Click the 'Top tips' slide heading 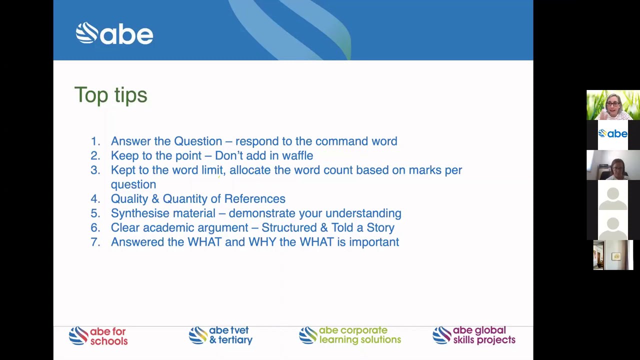[110, 95]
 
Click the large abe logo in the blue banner [114, 33]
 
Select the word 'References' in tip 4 [254, 198]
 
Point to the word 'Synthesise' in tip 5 [140, 213]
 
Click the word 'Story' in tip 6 [380, 227]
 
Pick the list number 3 [95, 170]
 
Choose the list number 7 [95, 242]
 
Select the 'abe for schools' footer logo [98, 336]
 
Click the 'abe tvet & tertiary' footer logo [220, 335]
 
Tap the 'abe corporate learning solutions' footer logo [350, 335]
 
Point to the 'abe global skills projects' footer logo [473, 335]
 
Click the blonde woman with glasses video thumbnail [613, 105]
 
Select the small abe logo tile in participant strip [613, 134]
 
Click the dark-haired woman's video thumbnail [613, 165]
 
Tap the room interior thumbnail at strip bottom [613, 255]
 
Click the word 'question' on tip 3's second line [133, 184]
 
